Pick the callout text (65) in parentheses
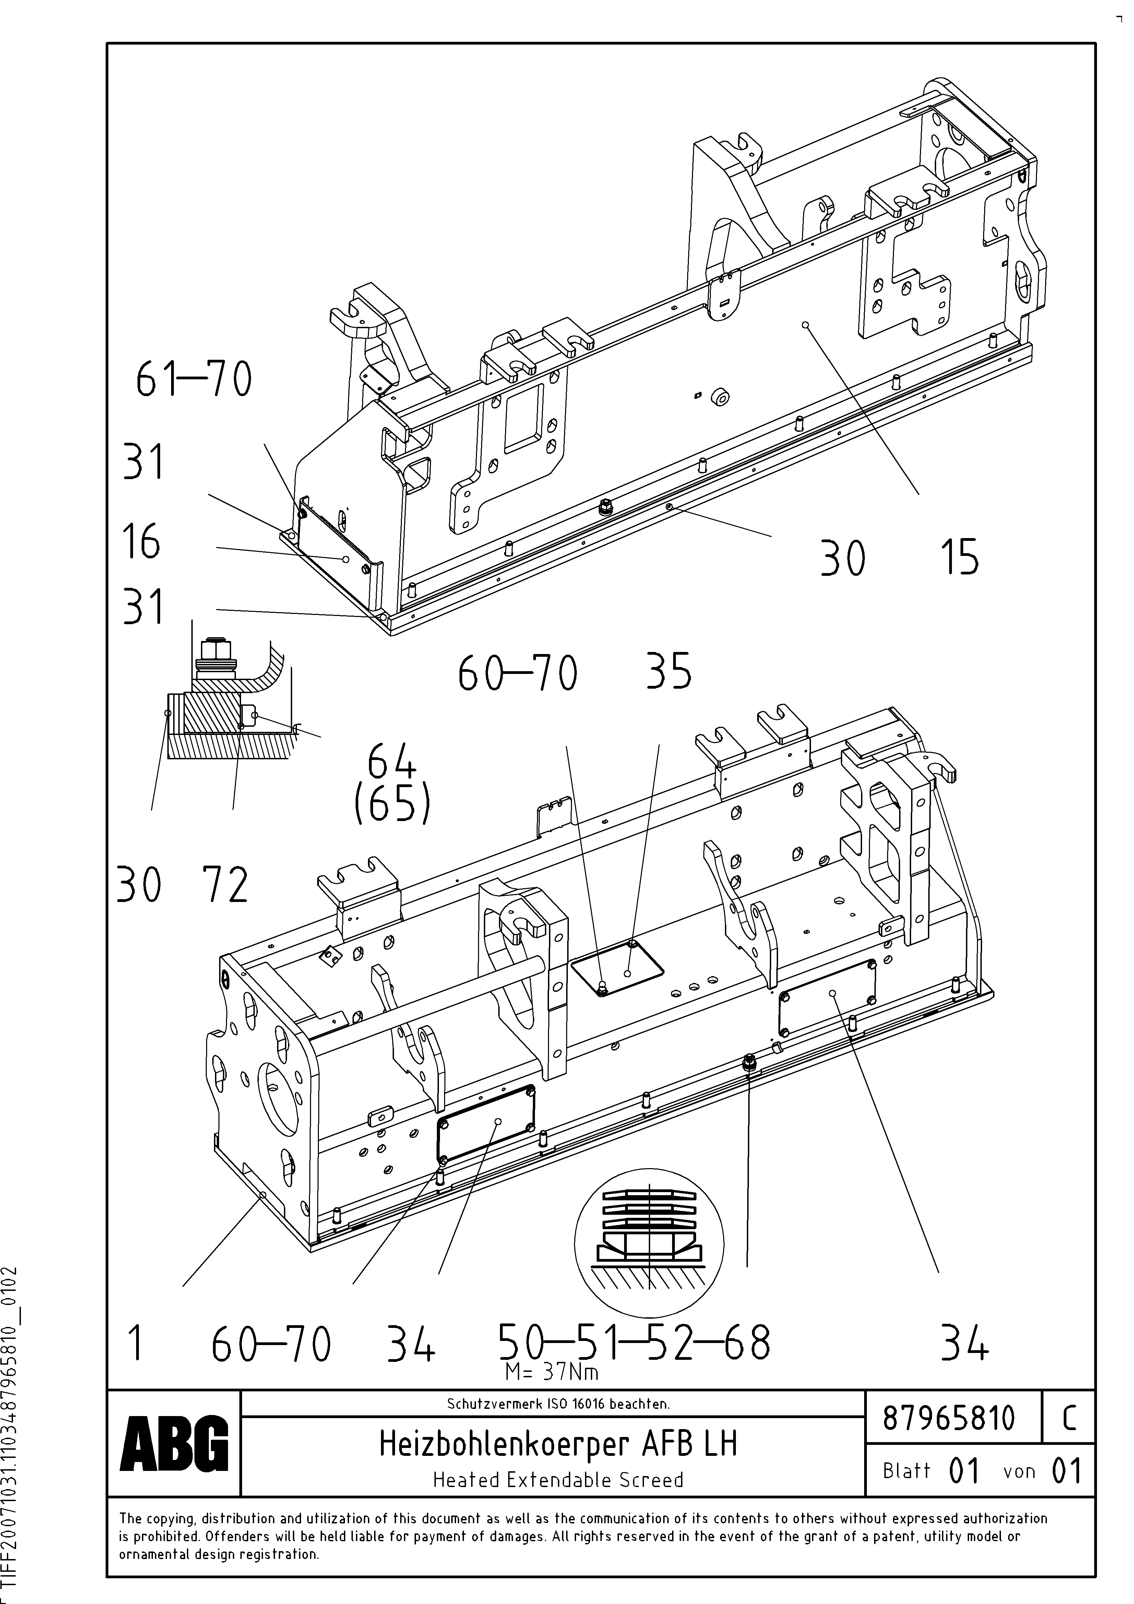392,806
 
